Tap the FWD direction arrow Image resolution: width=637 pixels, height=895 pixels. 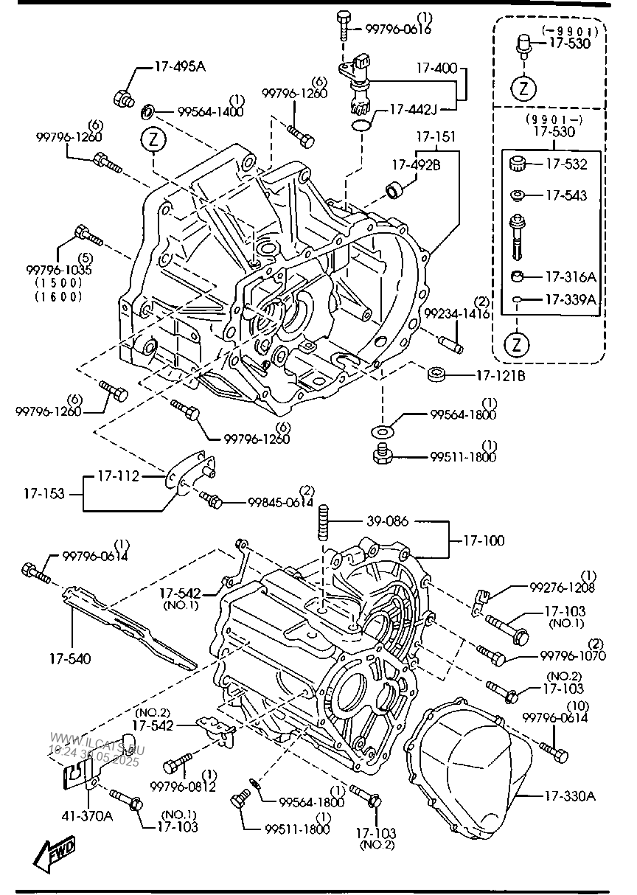(x=54, y=854)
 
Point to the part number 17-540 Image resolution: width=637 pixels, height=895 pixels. (x=70, y=658)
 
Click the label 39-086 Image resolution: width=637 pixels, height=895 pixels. (x=388, y=521)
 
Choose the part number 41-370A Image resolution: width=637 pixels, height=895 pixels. (x=87, y=816)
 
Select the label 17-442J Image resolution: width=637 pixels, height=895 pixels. (x=413, y=109)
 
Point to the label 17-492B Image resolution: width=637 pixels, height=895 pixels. (x=417, y=164)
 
